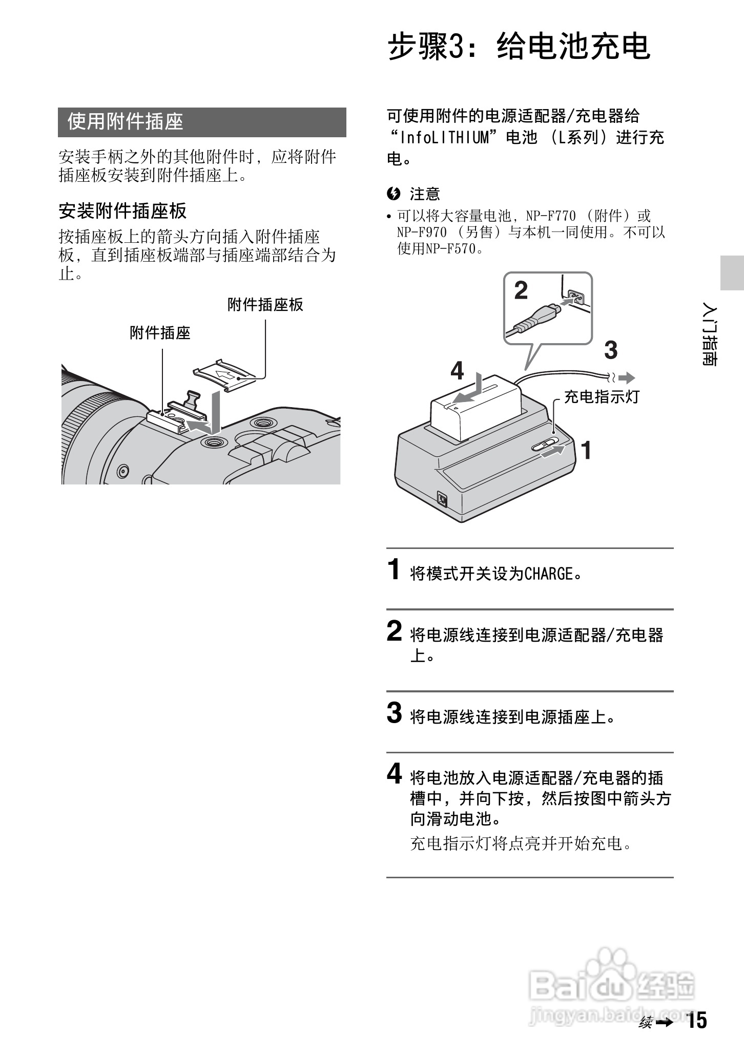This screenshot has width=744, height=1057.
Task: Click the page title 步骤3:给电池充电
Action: pyautogui.click(x=519, y=47)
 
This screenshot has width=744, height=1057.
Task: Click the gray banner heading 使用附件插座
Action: pyautogui.click(x=126, y=122)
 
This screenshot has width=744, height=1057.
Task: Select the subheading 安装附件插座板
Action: pyautogui.click(x=122, y=211)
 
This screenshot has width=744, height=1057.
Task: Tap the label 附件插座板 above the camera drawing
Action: pyautogui.click(x=265, y=305)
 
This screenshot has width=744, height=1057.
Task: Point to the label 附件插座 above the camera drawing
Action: pyautogui.click(x=160, y=333)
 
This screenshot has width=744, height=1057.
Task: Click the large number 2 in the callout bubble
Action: pyautogui.click(x=521, y=291)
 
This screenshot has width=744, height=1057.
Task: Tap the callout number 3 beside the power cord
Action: pyautogui.click(x=611, y=351)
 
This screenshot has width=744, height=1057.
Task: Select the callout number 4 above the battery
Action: pyautogui.click(x=457, y=370)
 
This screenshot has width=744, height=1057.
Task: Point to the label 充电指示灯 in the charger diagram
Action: pyautogui.click(x=602, y=397)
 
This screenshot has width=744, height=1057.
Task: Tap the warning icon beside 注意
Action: pyautogui.click(x=394, y=194)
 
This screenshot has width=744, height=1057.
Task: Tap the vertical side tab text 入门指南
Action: pyautogui.click(x=710, y=336)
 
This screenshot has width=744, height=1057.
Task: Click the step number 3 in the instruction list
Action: pyautogui.click(x=394, y=713)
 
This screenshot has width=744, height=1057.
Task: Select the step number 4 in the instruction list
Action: pyautogui.click(x=394, y=774)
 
